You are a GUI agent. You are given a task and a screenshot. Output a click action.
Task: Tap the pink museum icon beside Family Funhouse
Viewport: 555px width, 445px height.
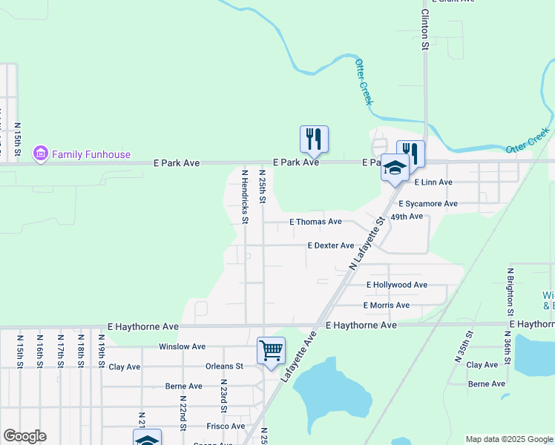coord(41,154)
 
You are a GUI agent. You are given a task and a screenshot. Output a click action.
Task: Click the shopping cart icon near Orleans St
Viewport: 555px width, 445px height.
coord(271,350)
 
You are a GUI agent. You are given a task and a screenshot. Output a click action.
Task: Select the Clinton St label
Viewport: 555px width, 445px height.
coord(425,30)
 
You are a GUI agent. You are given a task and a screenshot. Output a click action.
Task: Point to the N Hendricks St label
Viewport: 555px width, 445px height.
coord(244,196)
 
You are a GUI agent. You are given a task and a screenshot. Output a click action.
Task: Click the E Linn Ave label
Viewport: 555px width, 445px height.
coord(433,182)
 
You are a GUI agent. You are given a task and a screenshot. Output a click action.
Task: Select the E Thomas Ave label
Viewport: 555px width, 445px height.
coord(315,222)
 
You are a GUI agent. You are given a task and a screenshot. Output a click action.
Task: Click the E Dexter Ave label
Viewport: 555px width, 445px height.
coord(330,245)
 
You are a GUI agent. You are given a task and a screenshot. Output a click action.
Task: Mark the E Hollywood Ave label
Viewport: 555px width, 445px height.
coord(397,285)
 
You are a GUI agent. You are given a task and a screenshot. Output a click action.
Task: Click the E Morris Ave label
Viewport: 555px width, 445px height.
coord(387,306)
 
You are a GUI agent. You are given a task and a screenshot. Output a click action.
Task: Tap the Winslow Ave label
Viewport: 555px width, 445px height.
coord(182,346)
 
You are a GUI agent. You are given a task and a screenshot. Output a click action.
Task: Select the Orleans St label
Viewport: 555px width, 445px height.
coord(224,366)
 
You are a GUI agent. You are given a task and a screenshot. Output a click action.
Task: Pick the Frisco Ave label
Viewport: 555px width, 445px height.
coord(226,426)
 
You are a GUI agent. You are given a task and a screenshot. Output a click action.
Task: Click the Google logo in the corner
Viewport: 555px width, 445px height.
coord(24,436)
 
